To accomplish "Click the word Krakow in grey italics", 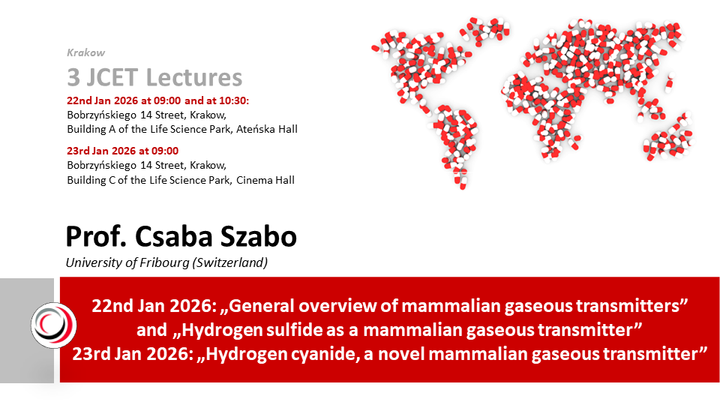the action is (85, 52).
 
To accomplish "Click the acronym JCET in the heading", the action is (112, 77).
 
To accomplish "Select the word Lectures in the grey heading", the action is (194, 77).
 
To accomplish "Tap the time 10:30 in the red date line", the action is (232, 100).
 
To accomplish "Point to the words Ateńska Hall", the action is (267, 130).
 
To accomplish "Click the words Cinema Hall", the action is (265, 180).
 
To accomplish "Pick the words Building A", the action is (91, 130).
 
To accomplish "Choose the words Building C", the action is (91, 181).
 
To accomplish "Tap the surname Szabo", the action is (259, 236).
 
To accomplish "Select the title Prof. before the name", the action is (97, 236).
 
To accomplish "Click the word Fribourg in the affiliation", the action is (164, 263).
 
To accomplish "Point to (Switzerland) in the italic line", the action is (230, 263).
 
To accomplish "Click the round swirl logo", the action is (54, 325).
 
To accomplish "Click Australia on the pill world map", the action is (668, 140).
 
